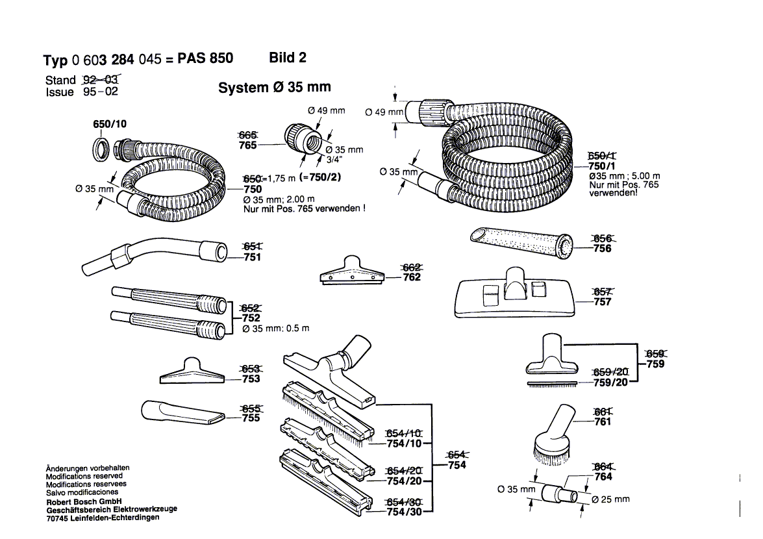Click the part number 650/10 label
[110, 124]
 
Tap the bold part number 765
[248, 145]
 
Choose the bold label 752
[251, 318]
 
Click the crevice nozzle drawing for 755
[182, 414]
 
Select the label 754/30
[404, 512]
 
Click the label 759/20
[611, 382]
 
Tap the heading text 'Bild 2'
[287, 58]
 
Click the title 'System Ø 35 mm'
[274, 88]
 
